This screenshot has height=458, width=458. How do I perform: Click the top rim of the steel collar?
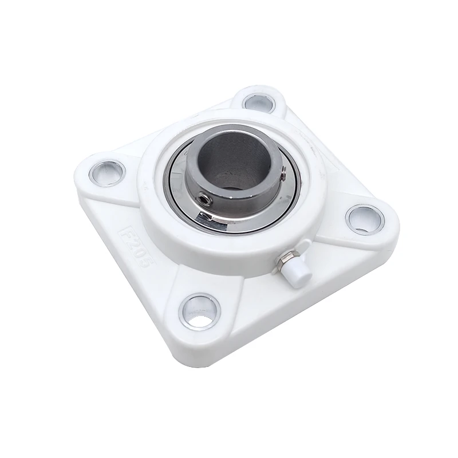[229, 133]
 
